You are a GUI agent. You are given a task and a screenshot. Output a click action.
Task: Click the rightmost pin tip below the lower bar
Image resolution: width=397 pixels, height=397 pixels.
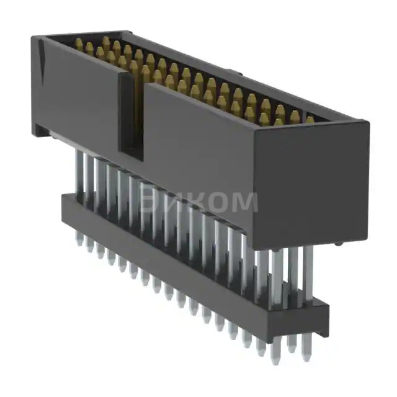click(x=305, y=356)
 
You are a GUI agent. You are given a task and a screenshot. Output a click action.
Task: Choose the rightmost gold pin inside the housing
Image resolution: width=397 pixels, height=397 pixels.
click(x=310, y=120)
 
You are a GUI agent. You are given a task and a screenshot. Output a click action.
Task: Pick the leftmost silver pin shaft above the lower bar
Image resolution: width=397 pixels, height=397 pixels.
click(x=79, y=174)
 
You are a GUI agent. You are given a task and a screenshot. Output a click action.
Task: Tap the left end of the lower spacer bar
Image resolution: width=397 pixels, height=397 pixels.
click(x=64, y=208)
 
